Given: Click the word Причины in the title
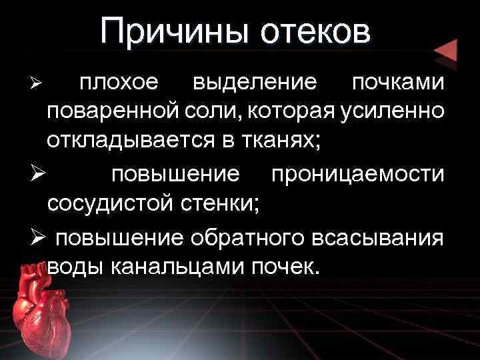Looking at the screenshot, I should point(175,32).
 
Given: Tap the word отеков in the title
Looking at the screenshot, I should point(315,32).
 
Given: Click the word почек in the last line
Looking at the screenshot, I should point(285,267).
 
